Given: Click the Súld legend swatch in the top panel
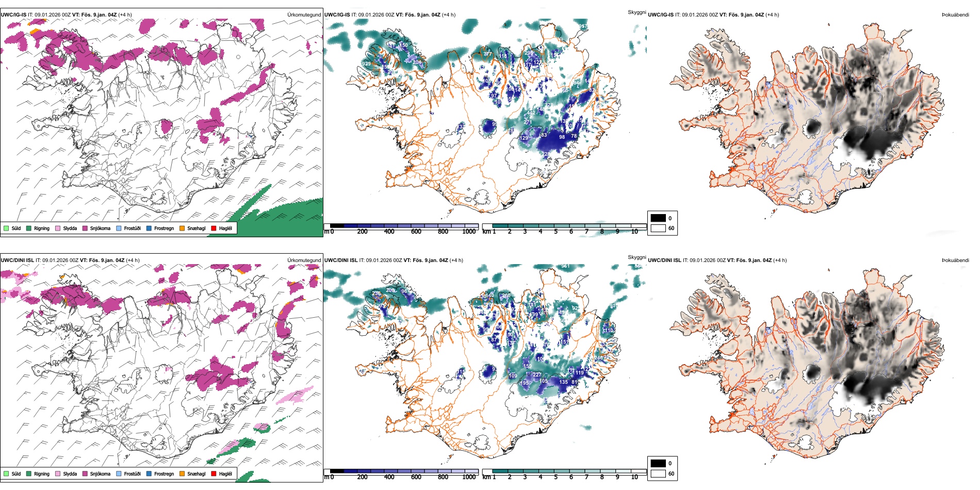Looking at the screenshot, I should [6, 228].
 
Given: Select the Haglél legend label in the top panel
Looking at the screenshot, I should [225, 228].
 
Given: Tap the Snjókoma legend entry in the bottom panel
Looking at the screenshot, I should [100, 473].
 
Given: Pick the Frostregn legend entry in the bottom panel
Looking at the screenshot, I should [164, 473].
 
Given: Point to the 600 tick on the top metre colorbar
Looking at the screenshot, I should [416, 232].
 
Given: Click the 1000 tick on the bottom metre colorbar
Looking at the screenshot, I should [469, 477].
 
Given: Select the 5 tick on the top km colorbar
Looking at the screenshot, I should [556, 232].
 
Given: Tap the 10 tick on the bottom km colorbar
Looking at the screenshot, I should [634, 477].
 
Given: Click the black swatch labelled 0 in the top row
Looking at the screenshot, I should [658, 218].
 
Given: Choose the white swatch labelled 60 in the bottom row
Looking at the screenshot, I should [658, 473].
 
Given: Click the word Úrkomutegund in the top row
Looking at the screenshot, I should [304, 15].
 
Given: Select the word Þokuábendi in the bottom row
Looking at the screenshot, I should [955, 260].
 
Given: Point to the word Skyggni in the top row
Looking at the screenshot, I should [636, 12].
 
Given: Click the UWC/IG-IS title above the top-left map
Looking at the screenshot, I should [13, 15].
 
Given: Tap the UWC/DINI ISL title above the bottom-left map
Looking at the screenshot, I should [17, 260].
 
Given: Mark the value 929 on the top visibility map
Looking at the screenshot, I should [366, 64].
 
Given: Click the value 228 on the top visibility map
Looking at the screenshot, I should [546, 154].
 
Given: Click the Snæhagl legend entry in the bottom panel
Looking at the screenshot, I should [196, 473].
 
